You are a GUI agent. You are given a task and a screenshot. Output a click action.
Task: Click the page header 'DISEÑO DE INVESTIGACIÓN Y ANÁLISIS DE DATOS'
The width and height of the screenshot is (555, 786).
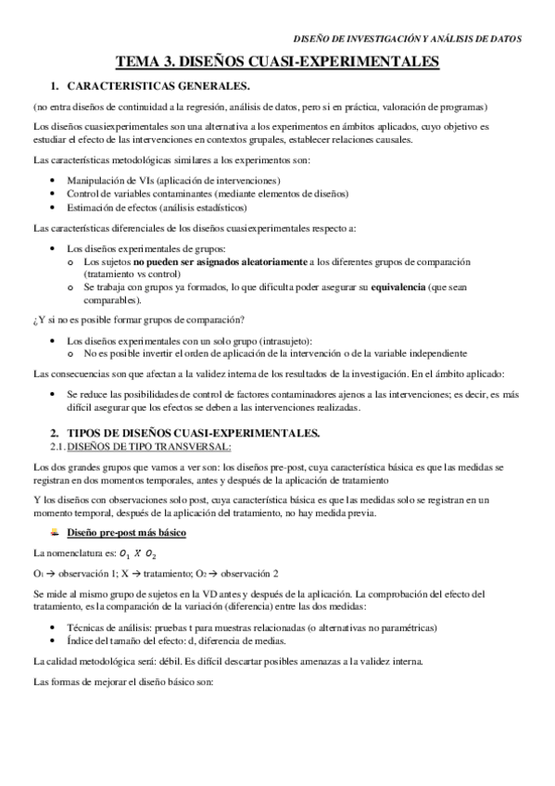tap(407, 39)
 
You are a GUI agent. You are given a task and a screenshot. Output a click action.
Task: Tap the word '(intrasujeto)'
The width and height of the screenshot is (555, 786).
tap(284, 341)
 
